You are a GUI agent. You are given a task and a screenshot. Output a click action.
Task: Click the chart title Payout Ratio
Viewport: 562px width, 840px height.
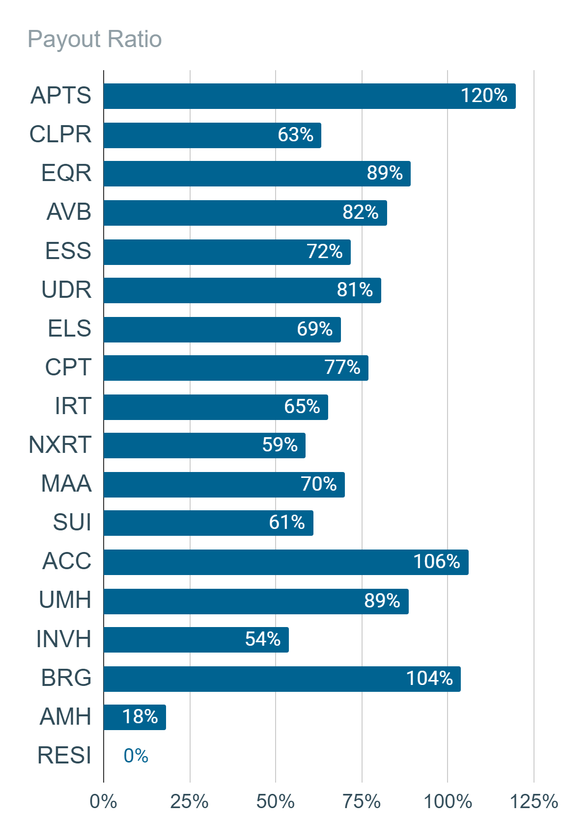click(x=95, y=39)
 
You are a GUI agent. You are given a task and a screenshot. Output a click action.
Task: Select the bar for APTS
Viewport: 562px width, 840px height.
click(x=309, y=96)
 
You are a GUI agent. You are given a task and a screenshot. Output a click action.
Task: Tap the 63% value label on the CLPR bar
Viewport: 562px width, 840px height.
click(x=295, y=134)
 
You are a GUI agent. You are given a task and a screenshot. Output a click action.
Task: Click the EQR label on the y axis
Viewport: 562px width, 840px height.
click(x=66, y=173)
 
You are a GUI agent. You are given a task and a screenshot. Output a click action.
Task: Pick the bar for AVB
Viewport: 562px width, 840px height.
click(x=246, y=212)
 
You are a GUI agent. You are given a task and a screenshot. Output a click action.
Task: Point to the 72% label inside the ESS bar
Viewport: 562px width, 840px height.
click(x=325, y=251)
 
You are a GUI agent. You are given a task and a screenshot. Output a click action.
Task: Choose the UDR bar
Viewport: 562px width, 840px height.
click(x=243, y=290)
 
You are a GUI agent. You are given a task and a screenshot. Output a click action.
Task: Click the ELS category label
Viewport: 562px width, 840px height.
click(x=69, y=329)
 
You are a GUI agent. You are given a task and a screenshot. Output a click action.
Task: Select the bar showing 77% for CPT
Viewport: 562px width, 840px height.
click(x=236, y=368)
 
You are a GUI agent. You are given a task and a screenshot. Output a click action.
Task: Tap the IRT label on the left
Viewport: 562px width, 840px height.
click(x=73, y=406)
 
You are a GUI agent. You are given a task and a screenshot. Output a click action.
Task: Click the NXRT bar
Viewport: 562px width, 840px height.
click(x=204, y=446)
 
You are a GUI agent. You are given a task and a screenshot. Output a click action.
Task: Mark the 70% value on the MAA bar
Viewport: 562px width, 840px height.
click(x=319, y=484)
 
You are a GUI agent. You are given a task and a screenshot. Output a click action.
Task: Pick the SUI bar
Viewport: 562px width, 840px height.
click(x=209, y=523)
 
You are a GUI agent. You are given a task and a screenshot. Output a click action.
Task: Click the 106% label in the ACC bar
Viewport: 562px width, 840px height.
click(x=437, y=561)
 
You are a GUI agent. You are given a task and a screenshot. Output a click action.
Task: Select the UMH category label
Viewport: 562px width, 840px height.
click(x=65, y=600)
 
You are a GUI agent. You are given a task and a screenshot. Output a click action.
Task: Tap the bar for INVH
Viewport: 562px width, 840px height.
click(x=197, y=640)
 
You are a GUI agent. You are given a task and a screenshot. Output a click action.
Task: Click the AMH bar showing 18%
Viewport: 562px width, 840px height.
click(x=135, y=717)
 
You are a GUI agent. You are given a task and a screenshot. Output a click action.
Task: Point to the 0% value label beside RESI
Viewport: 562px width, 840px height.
click(x=136, y=756)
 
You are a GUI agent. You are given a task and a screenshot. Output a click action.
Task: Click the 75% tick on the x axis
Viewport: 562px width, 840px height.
click(x=362, y=802)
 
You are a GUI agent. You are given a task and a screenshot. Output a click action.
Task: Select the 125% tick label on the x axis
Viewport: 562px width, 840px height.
click(x=534, y=802)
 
